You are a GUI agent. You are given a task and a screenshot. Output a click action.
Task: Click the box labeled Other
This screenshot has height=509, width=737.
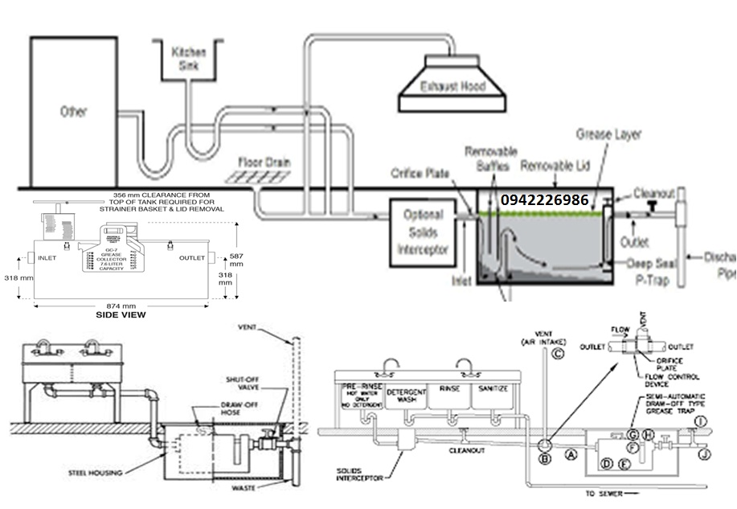coord(73,111)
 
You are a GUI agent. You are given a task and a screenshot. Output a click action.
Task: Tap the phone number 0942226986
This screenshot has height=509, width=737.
coord(544,199)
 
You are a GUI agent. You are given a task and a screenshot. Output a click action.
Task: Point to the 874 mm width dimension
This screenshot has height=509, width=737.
coord(118,306)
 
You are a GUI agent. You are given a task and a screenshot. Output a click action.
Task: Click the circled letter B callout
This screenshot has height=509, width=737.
coord(544,459)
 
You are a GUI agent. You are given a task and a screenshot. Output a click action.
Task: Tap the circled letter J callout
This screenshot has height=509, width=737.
coord(703,455)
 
